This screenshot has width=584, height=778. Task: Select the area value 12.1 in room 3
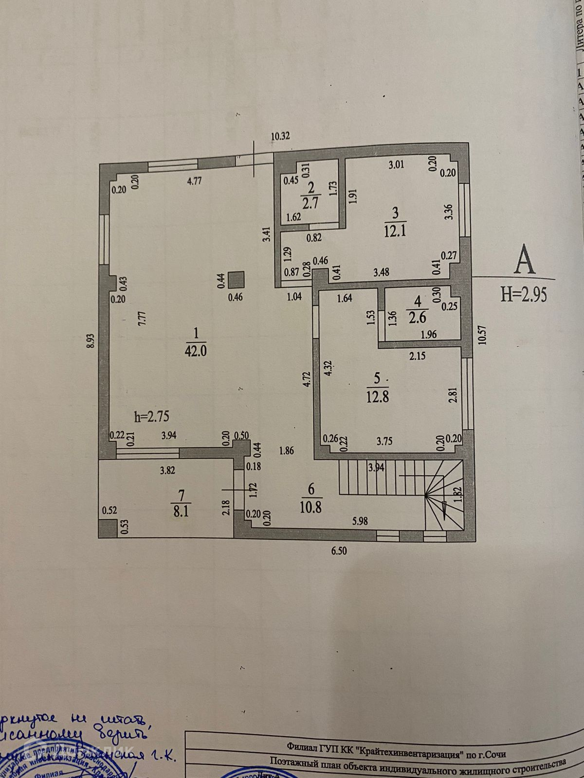(395, 230)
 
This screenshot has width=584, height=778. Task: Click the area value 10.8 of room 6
(311, 507)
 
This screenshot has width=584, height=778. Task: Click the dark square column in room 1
(237, 280)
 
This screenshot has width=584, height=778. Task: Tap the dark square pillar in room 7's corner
(108, 528)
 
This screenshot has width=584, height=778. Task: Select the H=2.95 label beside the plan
(524, 294)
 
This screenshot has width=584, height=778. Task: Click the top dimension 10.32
(280, 136)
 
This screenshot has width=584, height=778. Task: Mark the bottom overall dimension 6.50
(340, 551)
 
